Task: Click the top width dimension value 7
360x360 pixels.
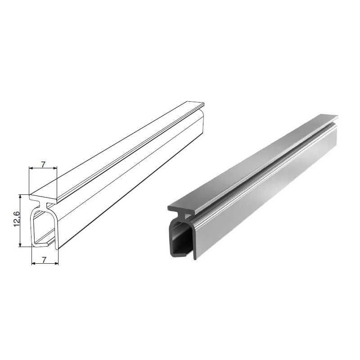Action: [x=43, y=164]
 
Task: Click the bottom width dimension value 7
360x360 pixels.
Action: [x=44, y=260]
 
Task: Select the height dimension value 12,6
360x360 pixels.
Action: [x=17, y=219]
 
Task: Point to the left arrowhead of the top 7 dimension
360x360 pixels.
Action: [x=31, y=168]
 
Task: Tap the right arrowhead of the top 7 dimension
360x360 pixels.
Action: [x=54, y=168]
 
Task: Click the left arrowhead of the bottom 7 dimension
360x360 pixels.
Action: [x=34, y=263]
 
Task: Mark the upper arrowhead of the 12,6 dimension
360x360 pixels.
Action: [x=20, y=197]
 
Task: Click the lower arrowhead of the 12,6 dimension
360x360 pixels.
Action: [x=20, y=244]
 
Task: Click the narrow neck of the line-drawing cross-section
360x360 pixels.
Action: [x=43, y=205]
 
